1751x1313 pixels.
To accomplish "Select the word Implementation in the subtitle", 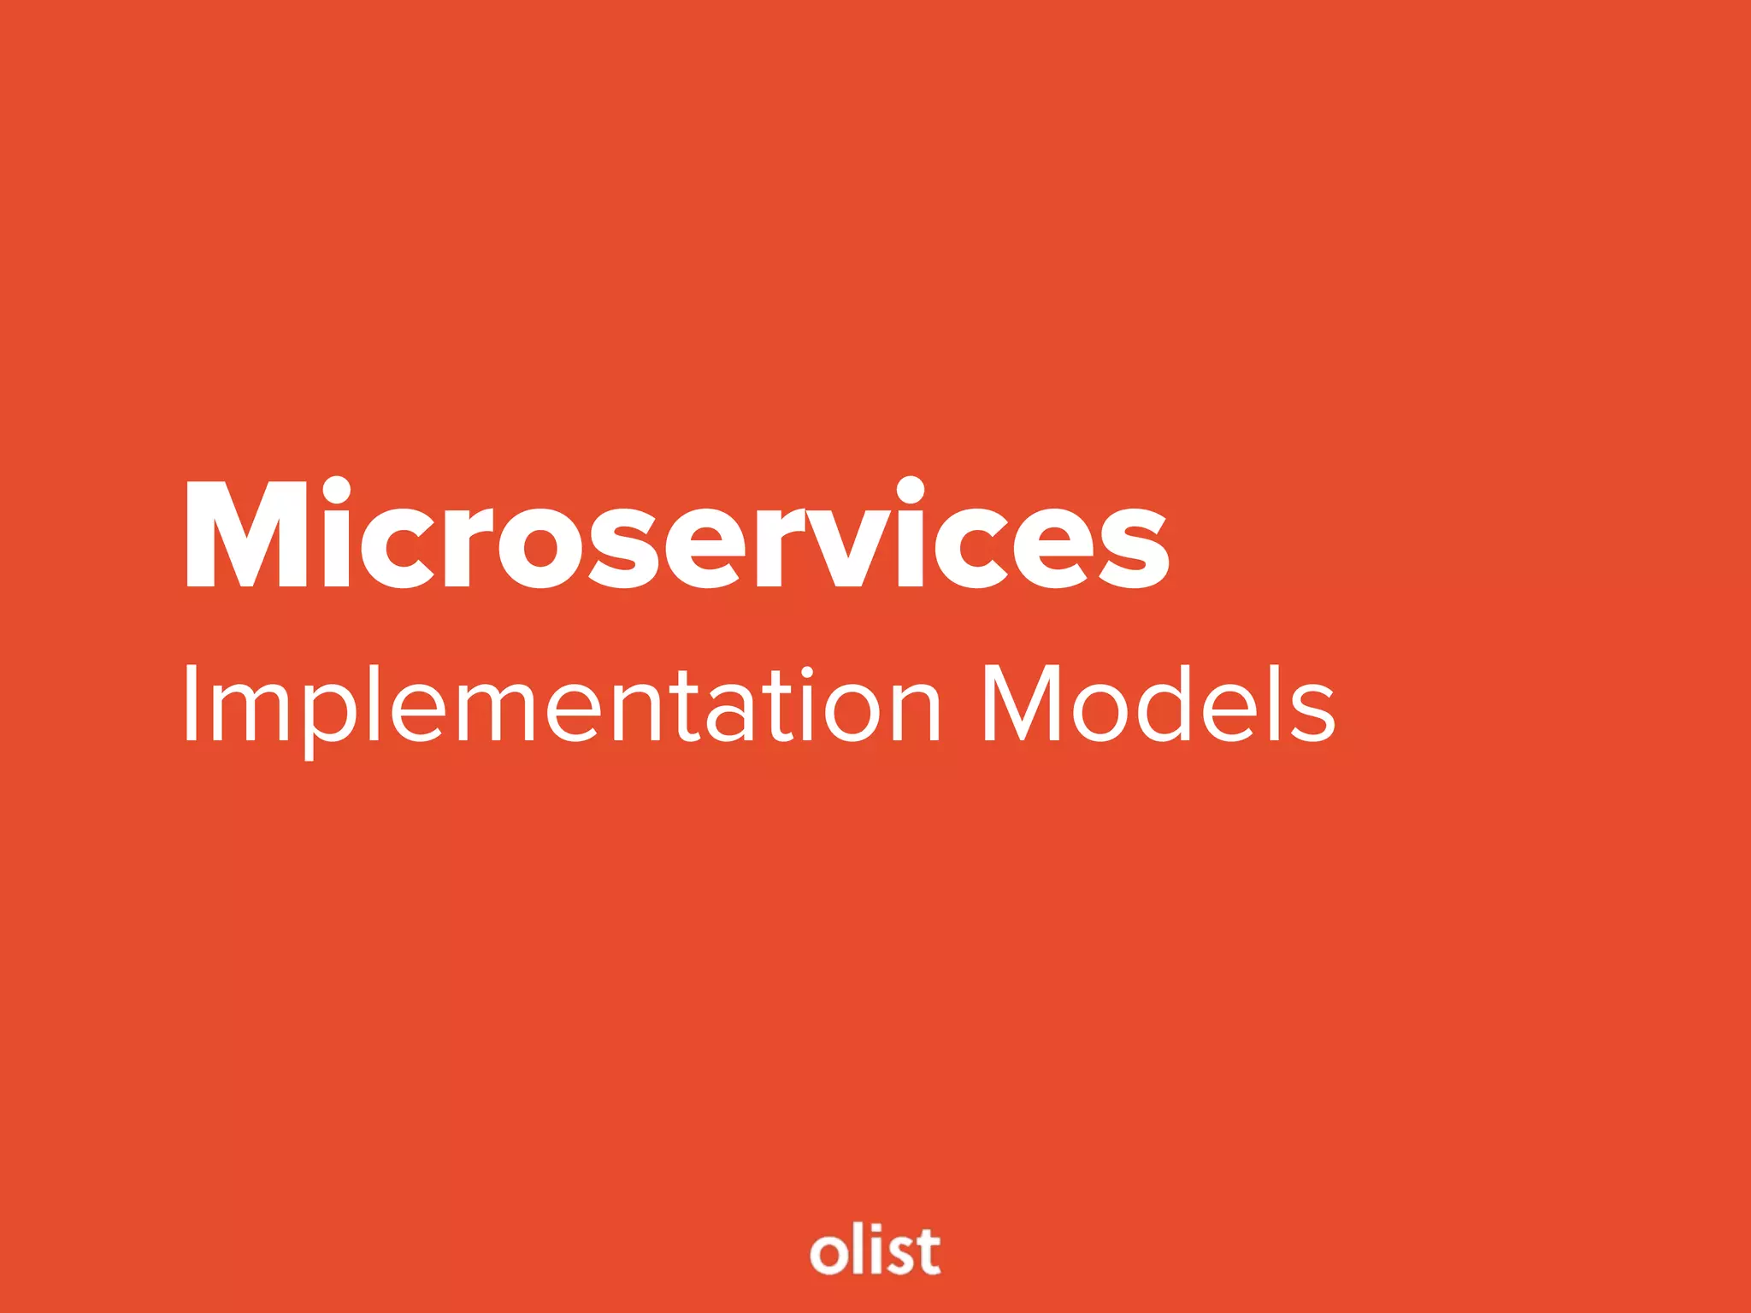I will (561, 706).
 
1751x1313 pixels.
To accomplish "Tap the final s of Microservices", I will (1134, 548).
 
